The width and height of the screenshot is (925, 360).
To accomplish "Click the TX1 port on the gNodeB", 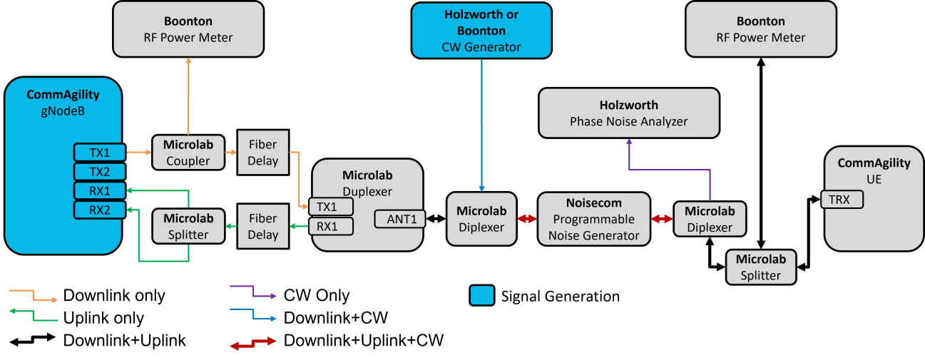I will click(x=99, y=153).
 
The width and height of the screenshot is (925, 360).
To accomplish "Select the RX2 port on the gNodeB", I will click(x=99, y=210).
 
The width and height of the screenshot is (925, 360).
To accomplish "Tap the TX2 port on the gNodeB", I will click(x=99, y=172).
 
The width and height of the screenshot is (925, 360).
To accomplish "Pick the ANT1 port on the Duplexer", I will click(x=400, y=219).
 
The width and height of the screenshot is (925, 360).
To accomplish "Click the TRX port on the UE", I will click(x=842, y=200).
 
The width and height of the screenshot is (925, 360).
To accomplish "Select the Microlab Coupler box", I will click(x=188, y=153).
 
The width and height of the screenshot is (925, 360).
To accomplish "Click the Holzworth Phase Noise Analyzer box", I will click(x=628, y=113).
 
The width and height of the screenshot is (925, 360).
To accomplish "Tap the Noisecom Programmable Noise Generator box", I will click(x=594, y=219).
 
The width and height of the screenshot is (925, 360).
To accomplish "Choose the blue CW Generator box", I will click(x=481, y=30).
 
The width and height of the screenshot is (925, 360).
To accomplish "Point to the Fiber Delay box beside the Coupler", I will click(x=263, y=152).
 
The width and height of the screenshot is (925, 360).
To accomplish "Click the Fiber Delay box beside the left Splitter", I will click(x=263, y=227).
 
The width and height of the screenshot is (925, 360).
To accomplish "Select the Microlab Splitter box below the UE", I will click(x=760, y=267).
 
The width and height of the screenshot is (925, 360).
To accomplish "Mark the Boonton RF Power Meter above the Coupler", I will click(x=188, y=29).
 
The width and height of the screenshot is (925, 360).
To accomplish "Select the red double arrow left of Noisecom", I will click(x=527, y=220).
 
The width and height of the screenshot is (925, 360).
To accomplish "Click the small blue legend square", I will click(x=482, y=295).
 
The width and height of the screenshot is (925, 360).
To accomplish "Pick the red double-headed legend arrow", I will click(x=253, y=344).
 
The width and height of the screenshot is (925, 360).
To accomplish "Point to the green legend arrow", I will click(x=33, y=315).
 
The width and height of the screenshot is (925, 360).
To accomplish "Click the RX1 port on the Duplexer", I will click(x=331, y=227).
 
